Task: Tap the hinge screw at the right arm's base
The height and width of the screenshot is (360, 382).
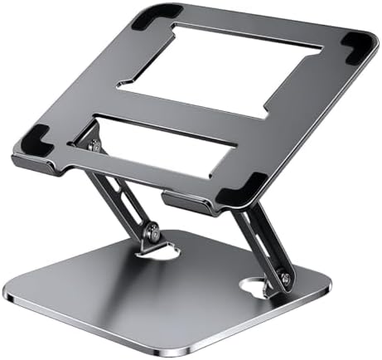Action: point(285,280)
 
